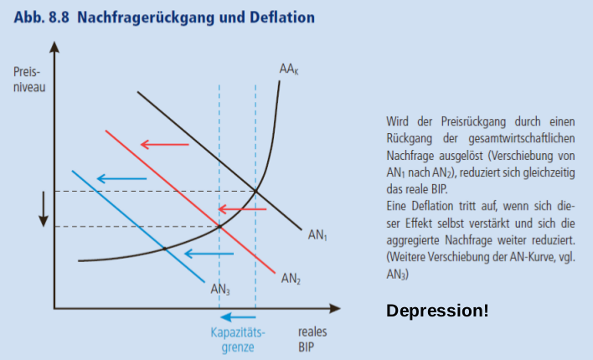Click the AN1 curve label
[x=317, y=237]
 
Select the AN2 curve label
[x=291, y=278]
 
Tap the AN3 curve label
[x=220, y=290]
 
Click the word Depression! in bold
[x=437, y=311]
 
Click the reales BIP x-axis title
[x=312, y=338]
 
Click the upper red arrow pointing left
[x=164, y=145]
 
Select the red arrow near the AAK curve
[x=249, y=208]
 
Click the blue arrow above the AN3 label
[x=208, y=253]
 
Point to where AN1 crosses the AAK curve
[x=255, y=191]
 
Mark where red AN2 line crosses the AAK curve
[x=219, y=226]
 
